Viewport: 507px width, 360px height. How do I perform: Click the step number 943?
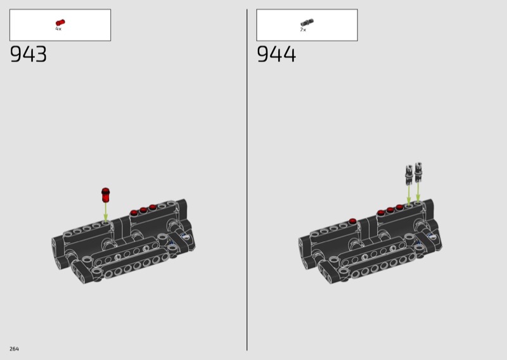(29, 54)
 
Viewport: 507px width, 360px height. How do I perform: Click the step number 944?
(276, 54)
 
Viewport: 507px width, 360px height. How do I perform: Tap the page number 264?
(14, 349)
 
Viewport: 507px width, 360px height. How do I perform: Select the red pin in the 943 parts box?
(60, 23)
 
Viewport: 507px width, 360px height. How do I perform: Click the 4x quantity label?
(58, 29)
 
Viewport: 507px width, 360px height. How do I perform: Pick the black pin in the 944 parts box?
(307, 23)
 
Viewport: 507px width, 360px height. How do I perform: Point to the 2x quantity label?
(303, 30)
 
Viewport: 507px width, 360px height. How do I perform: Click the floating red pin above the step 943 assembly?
(105, 195)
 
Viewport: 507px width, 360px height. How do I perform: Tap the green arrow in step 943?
(105, 212)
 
